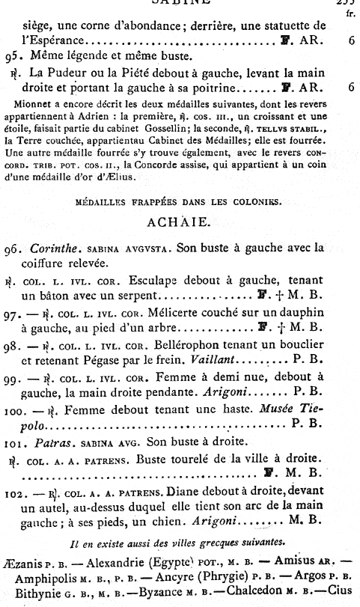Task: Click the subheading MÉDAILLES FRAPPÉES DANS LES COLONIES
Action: [x=179, y=201]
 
